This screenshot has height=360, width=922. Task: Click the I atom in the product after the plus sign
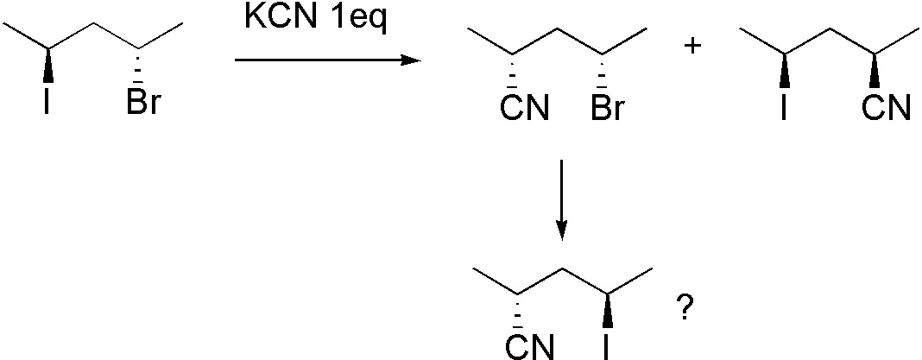(784, 110)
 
